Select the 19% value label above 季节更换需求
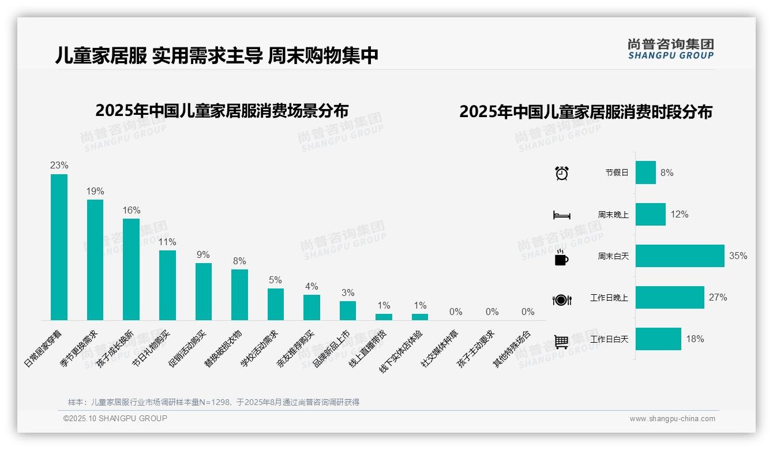point(95,192)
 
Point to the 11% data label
point(167,242)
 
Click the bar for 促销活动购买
point(203,291)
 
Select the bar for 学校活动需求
point(275,304)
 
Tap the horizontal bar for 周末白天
point(680,256)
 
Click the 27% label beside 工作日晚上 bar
point(718,298)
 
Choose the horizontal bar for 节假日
point(646,172)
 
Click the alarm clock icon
point(561,173)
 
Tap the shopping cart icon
point(561,342)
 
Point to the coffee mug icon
point(561,258)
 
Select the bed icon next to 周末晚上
point(561,215)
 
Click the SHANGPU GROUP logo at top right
point(670,49)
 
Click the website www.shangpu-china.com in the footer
point(672,419)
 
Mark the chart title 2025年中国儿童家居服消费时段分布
point(586,112)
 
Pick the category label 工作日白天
point(609,339)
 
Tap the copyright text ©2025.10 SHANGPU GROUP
point(115,418)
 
